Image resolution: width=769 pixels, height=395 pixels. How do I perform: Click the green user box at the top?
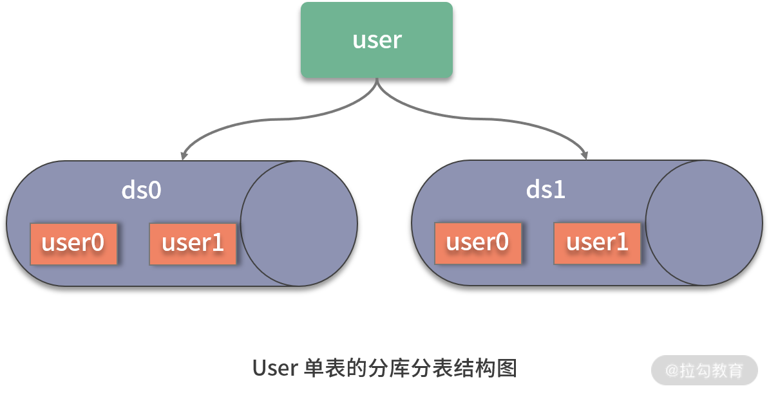click(377, 40)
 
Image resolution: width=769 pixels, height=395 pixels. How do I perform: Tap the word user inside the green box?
click(377, 40)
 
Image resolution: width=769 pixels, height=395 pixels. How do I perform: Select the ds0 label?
click(141, 190)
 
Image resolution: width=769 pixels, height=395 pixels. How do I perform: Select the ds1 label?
click(546, 190)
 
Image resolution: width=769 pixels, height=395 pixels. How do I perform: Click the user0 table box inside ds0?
click(73, 244)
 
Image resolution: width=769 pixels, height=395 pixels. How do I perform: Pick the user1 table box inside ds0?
click(193, 244)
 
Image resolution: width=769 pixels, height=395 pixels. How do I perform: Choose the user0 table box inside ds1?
click(478, 244)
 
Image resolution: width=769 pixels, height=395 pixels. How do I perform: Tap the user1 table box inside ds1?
click(597, 244)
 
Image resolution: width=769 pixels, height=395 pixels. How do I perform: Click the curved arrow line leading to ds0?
click(258, 122)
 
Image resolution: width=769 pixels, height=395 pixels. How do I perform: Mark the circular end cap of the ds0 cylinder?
click(298, 223)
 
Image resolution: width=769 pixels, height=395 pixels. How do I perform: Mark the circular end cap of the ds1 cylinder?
click(703, 223)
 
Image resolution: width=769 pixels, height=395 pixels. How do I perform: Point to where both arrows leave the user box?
click(377, 80)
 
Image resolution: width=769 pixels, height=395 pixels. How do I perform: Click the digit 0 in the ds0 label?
click(153, 190)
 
